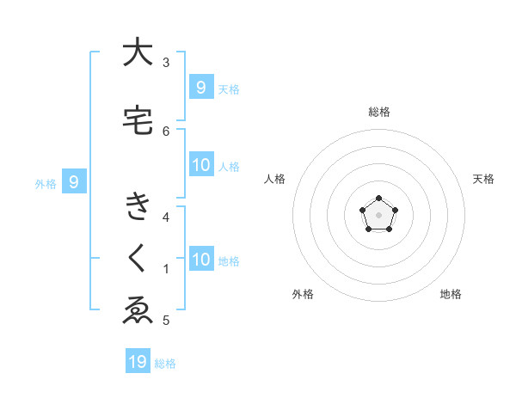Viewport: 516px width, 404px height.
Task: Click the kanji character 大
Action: click(138, 52)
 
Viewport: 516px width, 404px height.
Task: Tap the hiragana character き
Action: click(138, 207)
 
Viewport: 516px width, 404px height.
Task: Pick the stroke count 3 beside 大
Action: click(166, 62)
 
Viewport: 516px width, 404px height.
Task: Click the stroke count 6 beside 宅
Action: click(166, 131)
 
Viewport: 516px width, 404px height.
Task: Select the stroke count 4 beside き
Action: click(166, 217)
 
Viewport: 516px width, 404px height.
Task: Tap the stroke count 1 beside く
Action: click(166, 268)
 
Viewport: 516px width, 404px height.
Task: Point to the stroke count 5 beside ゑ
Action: click(166, 320)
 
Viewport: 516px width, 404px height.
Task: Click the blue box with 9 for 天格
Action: click(200, 87)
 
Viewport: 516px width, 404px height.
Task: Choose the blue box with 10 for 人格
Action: click(200, 165)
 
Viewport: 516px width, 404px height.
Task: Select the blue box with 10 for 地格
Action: click(200, 260)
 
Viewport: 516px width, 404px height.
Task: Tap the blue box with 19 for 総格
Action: click(138, 362)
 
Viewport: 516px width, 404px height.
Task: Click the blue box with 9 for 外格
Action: click(74, 181)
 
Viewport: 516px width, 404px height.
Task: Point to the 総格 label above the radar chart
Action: click(378, 112)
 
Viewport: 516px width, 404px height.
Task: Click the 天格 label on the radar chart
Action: click(483, 179)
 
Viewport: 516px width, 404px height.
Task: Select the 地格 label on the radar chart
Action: click(451, 294)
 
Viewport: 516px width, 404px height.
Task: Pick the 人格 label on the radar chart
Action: click(274, 179)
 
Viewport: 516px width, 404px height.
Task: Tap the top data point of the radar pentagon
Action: click(378, 200)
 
